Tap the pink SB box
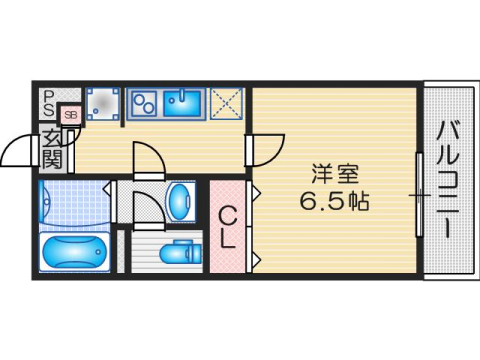click(70, 115)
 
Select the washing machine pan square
click(102, 104)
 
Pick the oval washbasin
click(181, 199)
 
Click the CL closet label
click(228, 226)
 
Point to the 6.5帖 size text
click(335, 200)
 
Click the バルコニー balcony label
click(446, 180)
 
